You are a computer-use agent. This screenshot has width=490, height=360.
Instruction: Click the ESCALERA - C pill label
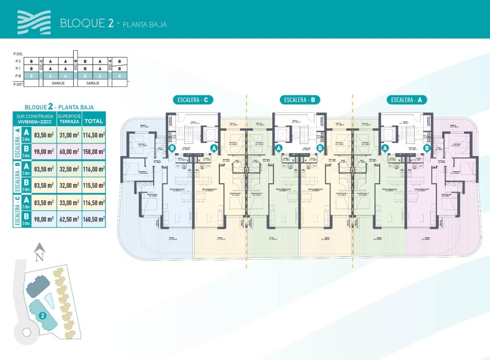pos(193,100)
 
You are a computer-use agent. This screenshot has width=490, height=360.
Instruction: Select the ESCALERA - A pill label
pos(406,100)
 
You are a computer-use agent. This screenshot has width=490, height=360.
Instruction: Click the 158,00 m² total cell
pos(94,152)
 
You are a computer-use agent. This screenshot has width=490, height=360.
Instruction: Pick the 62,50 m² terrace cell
pos(69,219)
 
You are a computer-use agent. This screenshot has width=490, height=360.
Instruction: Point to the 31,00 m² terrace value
pos(69,135)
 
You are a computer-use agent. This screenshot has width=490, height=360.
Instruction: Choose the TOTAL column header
pos(94,121)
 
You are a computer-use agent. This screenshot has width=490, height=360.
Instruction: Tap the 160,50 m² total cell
pos(94,219)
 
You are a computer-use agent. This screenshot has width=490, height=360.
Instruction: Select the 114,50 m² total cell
pos(94,135)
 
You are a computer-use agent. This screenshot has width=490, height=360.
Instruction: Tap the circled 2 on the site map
pos(43,316)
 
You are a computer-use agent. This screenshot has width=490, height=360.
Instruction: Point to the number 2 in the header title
pos(110,23)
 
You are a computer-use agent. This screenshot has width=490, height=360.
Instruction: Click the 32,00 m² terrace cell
pos(69,185)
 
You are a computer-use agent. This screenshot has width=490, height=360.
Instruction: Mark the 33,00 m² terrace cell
pos(69,202)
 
